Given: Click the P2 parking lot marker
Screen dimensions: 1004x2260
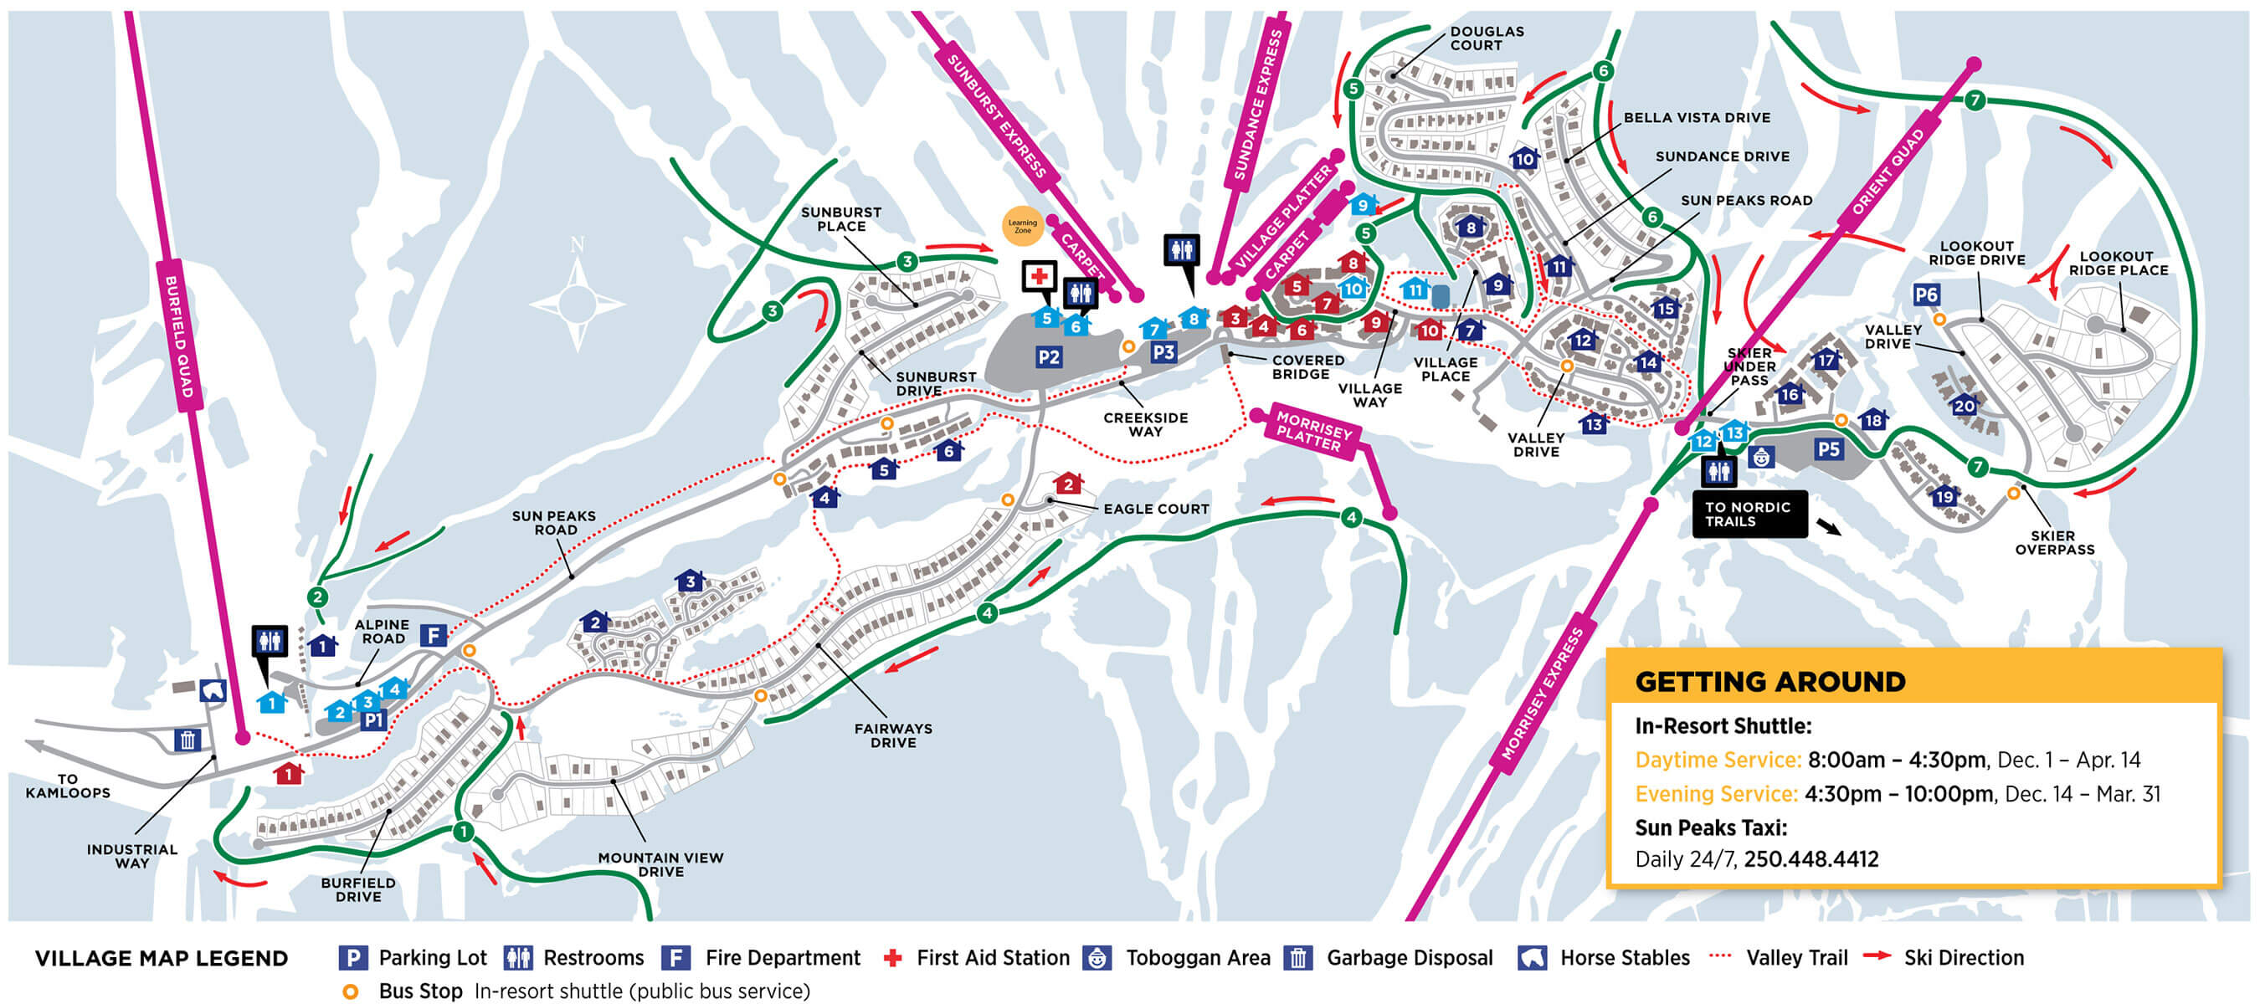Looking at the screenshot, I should point(1049,357).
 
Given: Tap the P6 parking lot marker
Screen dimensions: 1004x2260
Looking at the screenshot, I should point(1926,295).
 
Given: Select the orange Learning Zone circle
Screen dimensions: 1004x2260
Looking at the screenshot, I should point(1022,226).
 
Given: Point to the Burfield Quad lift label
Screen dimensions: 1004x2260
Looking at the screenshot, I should point(179,336).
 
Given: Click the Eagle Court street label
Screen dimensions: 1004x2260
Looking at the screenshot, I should point(1155,509).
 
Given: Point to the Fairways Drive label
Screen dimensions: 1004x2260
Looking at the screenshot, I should point(893,735).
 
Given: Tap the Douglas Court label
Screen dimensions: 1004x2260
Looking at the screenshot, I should point(1487,38).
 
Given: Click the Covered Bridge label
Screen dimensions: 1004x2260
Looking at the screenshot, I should point(1307,366).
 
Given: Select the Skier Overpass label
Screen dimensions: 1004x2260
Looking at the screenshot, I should point(2054,542).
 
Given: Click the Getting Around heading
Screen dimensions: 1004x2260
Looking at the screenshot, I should point(1769,681).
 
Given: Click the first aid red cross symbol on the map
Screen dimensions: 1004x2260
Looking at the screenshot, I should point(1040,276).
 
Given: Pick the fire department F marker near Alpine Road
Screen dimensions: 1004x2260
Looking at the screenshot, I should point(433,635).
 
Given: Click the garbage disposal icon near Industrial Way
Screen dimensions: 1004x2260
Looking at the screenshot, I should point(187,739).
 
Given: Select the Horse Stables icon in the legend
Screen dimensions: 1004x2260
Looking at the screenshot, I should point(1532,957).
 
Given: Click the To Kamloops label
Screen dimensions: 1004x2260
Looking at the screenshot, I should point(68,785).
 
